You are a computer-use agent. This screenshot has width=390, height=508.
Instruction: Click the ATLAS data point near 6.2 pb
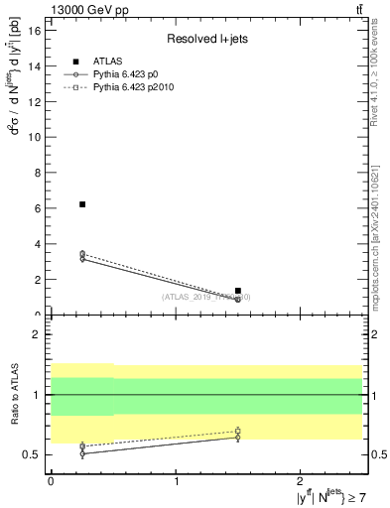(82, 204)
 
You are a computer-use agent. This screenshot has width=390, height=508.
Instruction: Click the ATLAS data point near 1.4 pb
(237, 291)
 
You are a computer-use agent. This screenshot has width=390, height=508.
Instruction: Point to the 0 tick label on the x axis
(51, 480)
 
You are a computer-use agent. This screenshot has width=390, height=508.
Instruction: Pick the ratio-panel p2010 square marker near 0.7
(237, 431)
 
